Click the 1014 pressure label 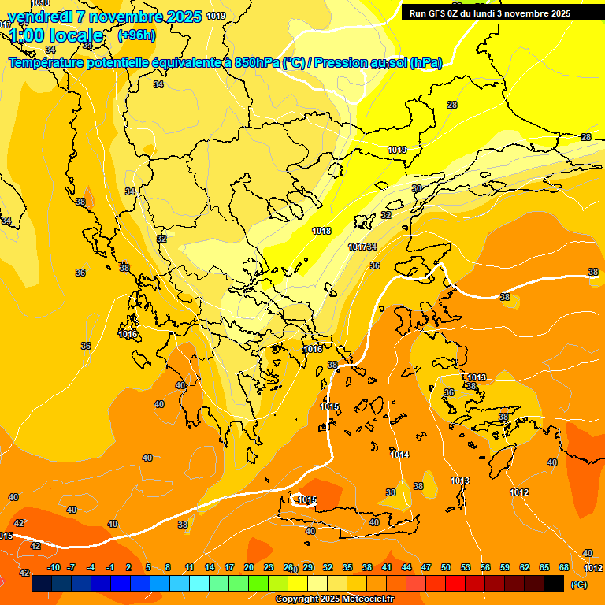[399, 455]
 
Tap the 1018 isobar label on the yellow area [321, 231]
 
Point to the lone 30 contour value [417, 188]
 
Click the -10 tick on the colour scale [54, 567]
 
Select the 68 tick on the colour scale [564, 567]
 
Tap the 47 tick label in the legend [426, 567]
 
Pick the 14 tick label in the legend [210, 567]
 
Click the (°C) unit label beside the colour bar [579, 585]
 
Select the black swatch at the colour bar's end [554, 584]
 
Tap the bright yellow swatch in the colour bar [298, 584]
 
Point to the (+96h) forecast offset [136, 35]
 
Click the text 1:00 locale [57, 35]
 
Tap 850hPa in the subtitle [257, 62]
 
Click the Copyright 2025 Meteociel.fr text [334, 599]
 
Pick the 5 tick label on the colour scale [148, 567]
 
